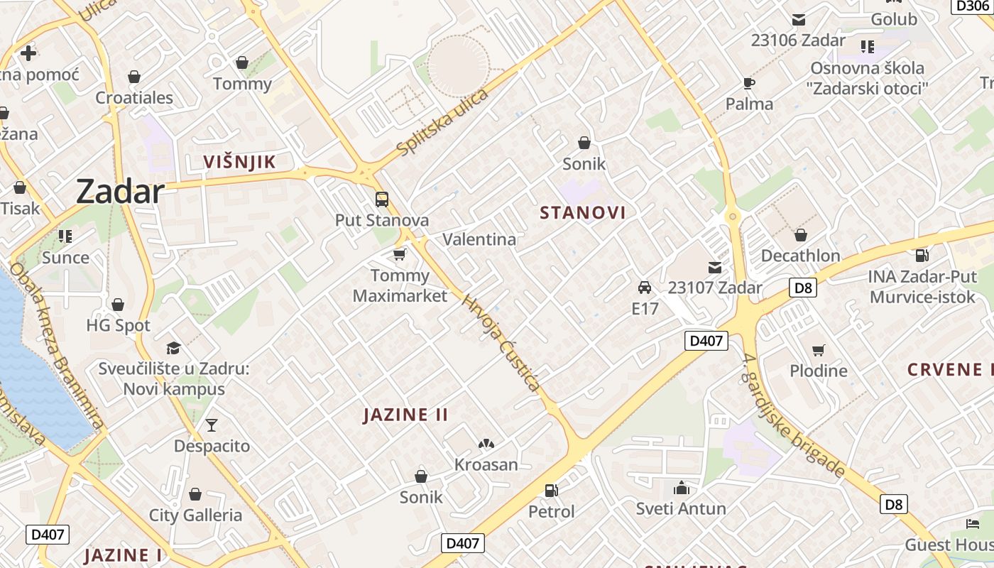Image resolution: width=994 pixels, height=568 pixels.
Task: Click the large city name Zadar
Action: click(120, 192)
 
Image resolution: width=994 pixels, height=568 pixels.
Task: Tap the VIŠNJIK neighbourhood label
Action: click(239, 162)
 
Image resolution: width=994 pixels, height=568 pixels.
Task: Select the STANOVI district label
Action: click(583, 213)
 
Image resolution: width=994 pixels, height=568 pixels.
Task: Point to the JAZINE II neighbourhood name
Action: click(405, 415)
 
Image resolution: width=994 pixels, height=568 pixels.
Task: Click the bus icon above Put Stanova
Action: click(382, 199)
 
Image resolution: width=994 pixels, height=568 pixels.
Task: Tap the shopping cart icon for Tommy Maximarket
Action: click(400, 254)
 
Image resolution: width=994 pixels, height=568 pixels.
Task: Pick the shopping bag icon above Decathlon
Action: click(800, 235)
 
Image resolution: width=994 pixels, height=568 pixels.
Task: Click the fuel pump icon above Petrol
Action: click(551, 490)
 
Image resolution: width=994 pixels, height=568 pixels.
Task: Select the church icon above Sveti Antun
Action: click(681, 488)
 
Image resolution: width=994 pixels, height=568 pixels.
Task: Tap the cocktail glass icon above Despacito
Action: click(212, 425)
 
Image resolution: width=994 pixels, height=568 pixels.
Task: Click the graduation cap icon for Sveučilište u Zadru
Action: click(173, 348)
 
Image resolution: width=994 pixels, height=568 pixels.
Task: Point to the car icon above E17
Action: click(645, 288)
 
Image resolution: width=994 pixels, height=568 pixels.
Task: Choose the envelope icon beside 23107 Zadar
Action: click(714, 268)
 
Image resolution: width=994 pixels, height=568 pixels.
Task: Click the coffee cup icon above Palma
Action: click(749, 83)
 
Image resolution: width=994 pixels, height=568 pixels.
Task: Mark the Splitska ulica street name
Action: click(443, 122)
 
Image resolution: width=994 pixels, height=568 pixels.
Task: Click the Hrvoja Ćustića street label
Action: click(501, 343)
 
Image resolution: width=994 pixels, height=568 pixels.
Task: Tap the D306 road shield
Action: click(972, 6)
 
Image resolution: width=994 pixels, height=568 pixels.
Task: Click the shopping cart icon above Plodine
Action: click(819, 350)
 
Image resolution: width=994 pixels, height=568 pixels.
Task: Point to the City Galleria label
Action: click(195, 515)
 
